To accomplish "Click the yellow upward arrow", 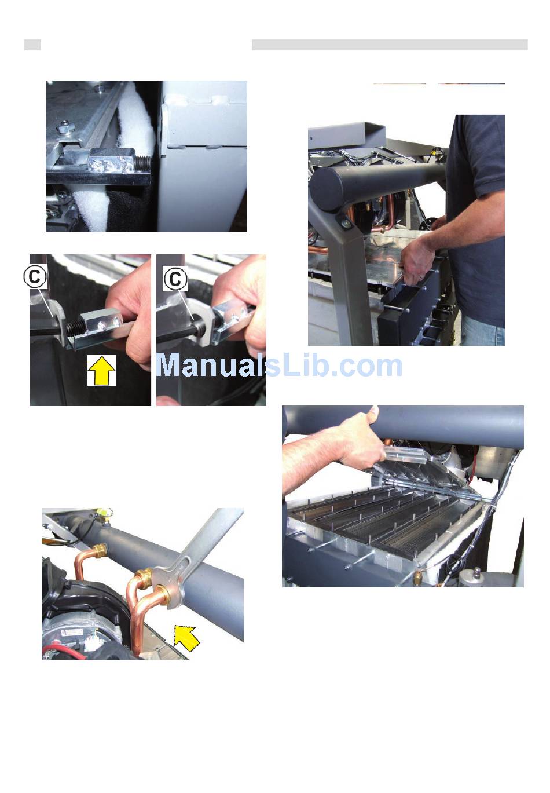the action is (x=101, y=370).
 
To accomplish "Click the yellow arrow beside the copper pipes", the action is (x=186, y=637).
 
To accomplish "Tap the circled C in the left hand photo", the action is (x=35, y=276).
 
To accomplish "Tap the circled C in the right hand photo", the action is (x=175, y=279).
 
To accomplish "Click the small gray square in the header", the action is (x=32, y=45).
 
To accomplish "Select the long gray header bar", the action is (x=390, y=45).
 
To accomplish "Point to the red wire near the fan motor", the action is (x=64, y=652).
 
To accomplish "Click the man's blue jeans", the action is (x=483, y=330).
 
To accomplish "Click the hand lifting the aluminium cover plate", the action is (x=417, y=262).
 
